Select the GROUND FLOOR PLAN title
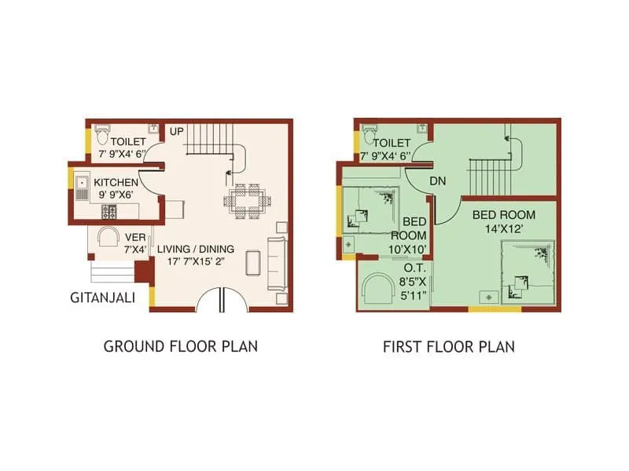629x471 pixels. [x=181, y=346]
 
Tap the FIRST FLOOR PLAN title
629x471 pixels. [x=448, y=346]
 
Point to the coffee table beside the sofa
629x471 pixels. [x=252, y=261]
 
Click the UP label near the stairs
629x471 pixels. [x=176, y=130]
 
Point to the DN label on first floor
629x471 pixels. [x=438, y=181]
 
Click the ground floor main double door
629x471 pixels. [x=222, y=300]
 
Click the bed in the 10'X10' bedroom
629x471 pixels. [x=370, y=206]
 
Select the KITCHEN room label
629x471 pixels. [x=116, y=181]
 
